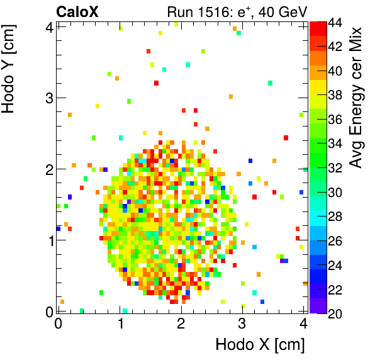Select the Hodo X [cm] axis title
pyautogui.click(x=260, y=345)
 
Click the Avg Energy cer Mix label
pyautogui.click(x=357, y=98)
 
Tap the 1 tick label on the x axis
pyautogui.click(x=120, y=323)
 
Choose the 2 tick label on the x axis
pyautogui.click(x=181, y=323)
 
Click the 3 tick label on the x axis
pyautogui.click(x=243, y=323)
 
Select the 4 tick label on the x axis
pyautogui.click(x=304, y=323)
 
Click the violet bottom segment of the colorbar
pyautogui.click(x=318, y=306)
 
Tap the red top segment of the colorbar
pyautogui.click(x=318, y=27)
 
